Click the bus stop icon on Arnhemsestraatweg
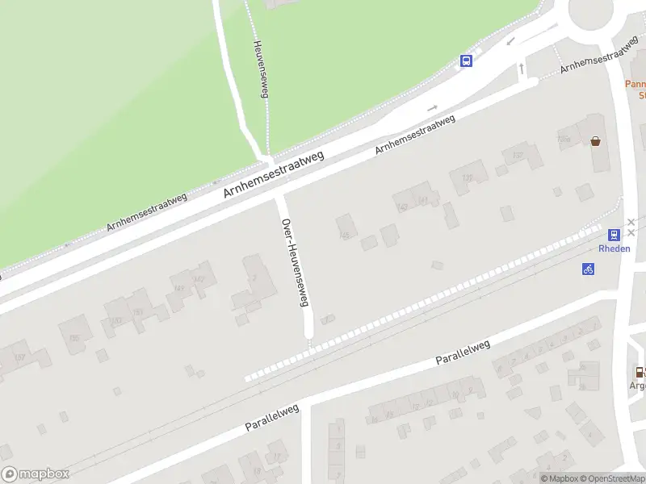coord(466,60)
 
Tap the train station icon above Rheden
coord(615,236)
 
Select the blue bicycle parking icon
coord(588,269)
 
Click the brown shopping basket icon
coord(596,141)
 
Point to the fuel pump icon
coord(640,372)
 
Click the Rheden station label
coord(615,248)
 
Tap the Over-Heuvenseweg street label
coord(295,263)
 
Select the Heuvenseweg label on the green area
coord(260,69)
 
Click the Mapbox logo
coord(35,474)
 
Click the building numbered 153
coord(117,320)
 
